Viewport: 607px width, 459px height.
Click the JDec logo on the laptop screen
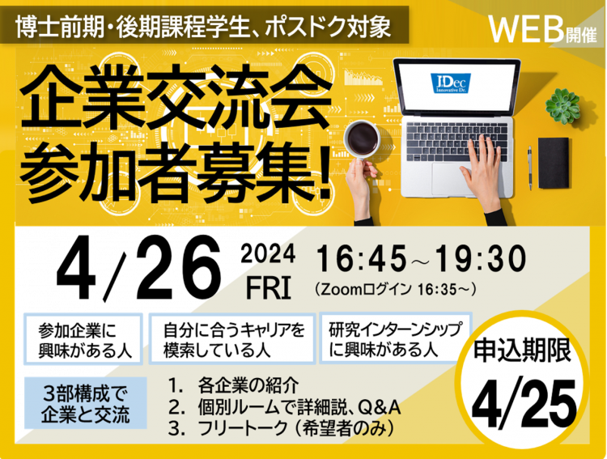click(451, 83)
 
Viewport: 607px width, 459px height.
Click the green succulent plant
click(562, 105)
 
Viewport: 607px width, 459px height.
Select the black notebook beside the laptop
click(554, 163)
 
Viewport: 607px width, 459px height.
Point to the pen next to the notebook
click(530, 168)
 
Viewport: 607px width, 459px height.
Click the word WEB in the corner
click(526, 30)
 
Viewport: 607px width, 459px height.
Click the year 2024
click(268, 254)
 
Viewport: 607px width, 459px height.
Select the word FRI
click(269, 288)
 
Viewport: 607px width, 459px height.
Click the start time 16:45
click(362, 259)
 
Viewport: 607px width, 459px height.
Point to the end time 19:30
click(480, 259)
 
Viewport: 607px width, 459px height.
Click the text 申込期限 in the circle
click(523, 351)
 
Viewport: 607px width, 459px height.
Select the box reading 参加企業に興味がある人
click(83, 339)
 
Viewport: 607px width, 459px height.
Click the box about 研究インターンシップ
click(395, 338)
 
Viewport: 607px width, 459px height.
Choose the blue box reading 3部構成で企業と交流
click(86, 403)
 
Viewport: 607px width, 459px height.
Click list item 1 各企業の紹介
click(234, 385)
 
